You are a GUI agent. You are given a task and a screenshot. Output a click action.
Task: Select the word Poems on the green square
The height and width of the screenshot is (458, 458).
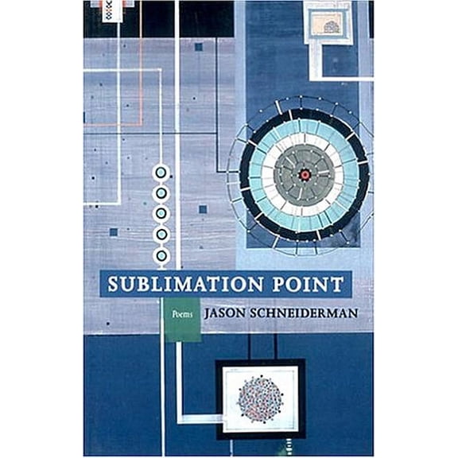pyautogui.click(x=182, y=315)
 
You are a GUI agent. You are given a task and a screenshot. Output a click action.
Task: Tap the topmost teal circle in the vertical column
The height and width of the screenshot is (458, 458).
pyautogui.click(x=161, y=173)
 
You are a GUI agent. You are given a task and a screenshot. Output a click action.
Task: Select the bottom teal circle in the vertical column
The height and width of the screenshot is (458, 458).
pyautogui.click(x=161, y=255)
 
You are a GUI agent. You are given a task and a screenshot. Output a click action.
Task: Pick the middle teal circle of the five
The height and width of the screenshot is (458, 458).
pyautogui.click(x=161, y=214)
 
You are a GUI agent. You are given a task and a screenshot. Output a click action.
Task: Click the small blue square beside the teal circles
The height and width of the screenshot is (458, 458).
pyautogui.click(x=203, y=209)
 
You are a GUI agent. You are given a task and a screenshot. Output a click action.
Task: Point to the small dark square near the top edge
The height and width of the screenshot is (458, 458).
pyautogui.click(x=198, y=47)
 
